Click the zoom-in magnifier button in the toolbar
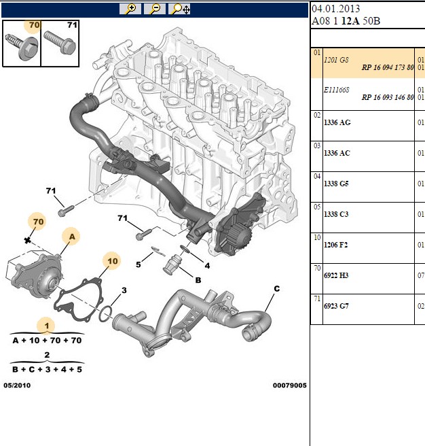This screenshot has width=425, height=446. pos(130,9)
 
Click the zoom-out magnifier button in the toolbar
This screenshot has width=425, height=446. pos(155,9)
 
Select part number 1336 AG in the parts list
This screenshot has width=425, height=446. pos(337,122)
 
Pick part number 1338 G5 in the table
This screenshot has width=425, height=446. pos(336,184)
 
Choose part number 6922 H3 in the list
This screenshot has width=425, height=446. pos(336,275)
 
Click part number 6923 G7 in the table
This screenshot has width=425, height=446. pos(336,306)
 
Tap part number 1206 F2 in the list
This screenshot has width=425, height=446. pos(336,245)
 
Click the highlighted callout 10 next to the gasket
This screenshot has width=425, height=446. pos(113,261)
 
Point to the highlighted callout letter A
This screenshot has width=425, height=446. pos(72,237)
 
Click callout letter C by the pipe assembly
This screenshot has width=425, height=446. pos(277,289)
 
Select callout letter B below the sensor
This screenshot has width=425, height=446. pos(198,280)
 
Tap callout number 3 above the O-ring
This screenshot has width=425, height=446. pos(124,290)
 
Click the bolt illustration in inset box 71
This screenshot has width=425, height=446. pos(60,43)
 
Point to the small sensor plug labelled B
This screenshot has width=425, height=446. pos(171,265)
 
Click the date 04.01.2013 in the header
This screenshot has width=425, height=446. pos(336,9)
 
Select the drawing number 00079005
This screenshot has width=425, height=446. pos(290,385)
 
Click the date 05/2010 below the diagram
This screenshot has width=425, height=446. pos(17,385)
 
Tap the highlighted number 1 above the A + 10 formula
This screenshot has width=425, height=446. pos(47,326)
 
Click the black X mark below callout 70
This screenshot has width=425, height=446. pos(27,241)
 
